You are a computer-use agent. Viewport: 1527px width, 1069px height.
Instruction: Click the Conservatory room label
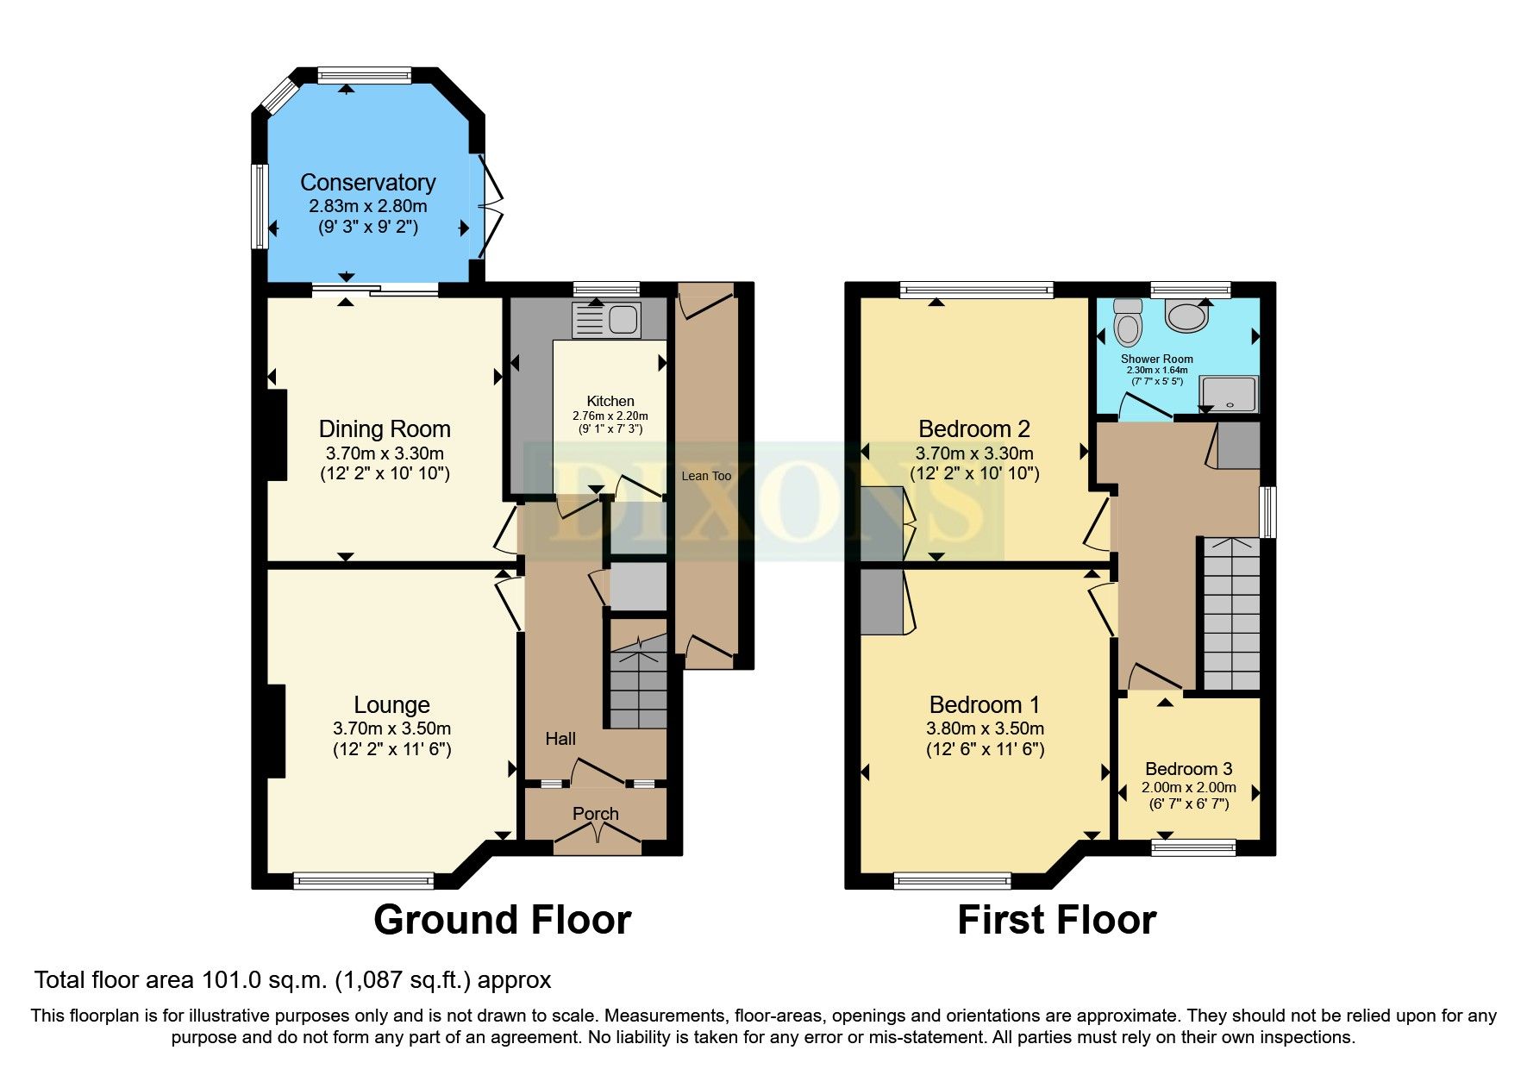click(367, 182)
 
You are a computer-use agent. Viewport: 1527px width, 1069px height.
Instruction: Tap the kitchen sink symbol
click(607, 320)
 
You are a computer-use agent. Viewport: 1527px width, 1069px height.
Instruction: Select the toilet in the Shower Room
click(1127, 322)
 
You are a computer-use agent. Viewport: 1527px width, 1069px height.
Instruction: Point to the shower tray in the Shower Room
click(1229, 394)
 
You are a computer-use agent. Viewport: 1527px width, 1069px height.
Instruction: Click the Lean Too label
click(705, 476)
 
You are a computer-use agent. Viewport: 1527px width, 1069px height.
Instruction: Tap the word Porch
click(595, 813)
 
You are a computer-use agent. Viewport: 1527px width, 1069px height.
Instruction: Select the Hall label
click(560, 739)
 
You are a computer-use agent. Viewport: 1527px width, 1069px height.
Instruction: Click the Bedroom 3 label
click(1188, 768)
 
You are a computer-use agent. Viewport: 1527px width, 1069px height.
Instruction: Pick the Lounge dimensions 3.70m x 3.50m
click(391, 728)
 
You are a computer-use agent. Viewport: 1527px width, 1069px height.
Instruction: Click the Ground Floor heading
click(502, 920)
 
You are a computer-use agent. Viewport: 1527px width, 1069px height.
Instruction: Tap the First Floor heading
click(1056, 920)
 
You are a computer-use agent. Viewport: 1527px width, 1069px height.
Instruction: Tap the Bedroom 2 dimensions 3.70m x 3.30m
click(974, 453)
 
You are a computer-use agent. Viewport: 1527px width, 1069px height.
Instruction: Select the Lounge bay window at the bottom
click(363, 880)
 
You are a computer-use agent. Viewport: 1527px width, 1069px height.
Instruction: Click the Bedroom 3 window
click(1193, 847)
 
